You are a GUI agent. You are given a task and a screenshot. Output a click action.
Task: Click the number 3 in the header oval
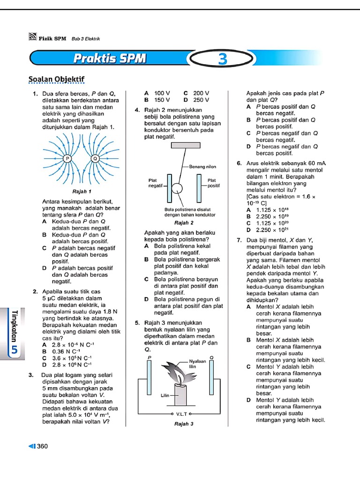click(222, 59)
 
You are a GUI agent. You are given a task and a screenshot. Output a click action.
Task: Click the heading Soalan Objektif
click(57, 79)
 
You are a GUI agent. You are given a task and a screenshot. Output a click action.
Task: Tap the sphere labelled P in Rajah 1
click(67, 158)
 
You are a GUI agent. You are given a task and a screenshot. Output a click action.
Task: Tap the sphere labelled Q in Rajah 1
click(95, 158)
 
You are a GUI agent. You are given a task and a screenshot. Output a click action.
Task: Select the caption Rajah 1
click(82, 192)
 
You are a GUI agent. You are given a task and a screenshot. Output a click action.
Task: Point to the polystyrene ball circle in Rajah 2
click(178, 188)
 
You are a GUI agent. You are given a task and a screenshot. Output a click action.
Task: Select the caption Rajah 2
click(184, 223)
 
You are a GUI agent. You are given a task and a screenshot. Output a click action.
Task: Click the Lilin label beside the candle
click(165, 396)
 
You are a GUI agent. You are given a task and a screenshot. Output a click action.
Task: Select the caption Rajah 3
click(184, 424)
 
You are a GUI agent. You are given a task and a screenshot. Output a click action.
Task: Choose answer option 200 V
click(201, 93)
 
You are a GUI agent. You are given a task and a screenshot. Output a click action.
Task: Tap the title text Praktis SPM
click(110, 59)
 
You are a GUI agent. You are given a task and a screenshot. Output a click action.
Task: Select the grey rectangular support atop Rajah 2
click(186, 145)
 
